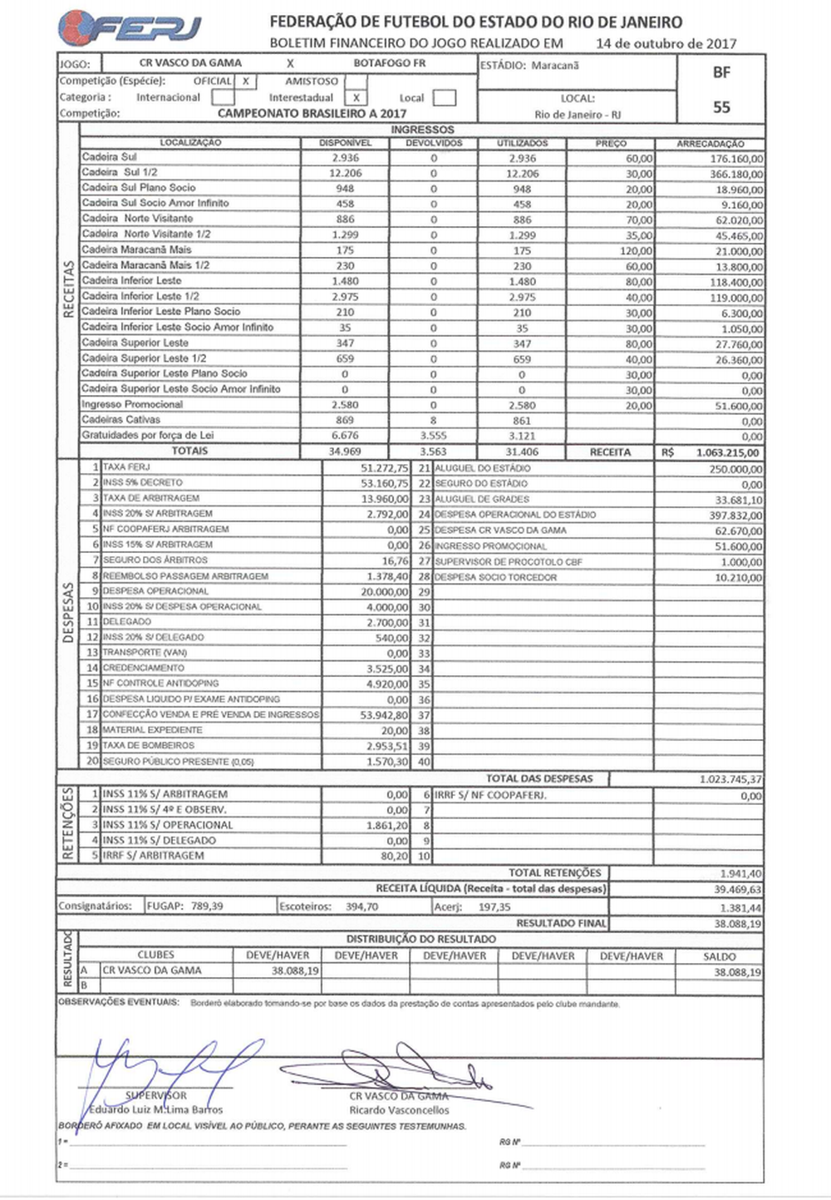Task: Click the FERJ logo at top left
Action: pyautogui.click(x=130, y=28)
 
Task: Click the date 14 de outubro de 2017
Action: pyautogui.click(x=666, y=43)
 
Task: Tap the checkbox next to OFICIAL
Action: pyautogui.click(x=246, y=81)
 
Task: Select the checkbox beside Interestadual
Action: pyautogui.click(x=355, y=98)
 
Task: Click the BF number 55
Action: pyautogui.click(x=721, y=107)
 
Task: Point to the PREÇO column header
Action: pyautogui.click(x=611, y=144)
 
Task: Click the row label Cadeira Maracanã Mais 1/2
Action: pyautogui.click(x=145, y=265)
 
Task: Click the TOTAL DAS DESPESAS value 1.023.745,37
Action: pyautogui.click(x=730, y=780)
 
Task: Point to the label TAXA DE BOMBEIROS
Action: pyautogui.click(x=149, y=746)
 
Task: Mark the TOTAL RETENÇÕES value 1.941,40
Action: pyautogui.click(x=740, y=874)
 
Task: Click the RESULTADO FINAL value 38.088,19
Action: pyautogui.click(x=737, y=924)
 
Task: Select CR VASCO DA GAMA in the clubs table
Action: pyautogui.click(x=152, y=970)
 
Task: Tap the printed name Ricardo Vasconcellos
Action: pyautogui.click(x=399, y=1110)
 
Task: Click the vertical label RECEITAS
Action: pyautogui.click(x=68, y=291)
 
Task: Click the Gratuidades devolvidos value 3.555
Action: pyautogui.click(x=433, y=437)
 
